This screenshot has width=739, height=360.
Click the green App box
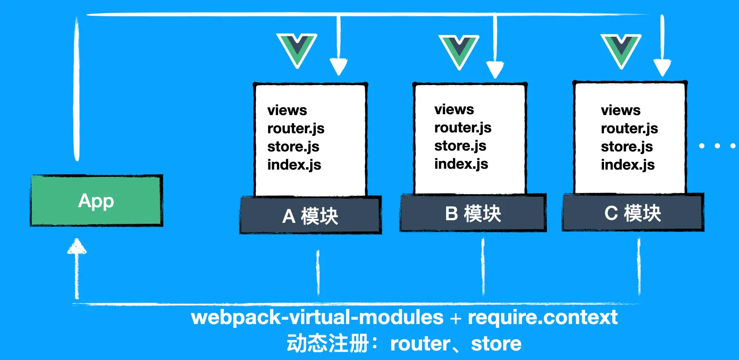point(96,201)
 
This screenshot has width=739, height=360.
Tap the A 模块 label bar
point(310,215)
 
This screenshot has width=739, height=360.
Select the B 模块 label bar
point(473,213)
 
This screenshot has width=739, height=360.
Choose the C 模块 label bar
point(633,213)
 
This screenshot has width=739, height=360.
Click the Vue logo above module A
point(297,49)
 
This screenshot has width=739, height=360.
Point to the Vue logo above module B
point(459,51)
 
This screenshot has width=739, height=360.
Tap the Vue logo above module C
point(621,50)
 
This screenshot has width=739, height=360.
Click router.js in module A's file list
point(296,129)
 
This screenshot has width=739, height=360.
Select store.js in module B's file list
point(460,146)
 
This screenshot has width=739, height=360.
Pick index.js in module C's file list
point(627,165)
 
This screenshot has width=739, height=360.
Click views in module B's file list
point(454,109)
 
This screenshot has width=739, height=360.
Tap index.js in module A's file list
point(294,165)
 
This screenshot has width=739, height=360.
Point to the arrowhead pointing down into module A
point(338,67)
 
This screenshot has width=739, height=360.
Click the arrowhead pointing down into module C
point(662,67)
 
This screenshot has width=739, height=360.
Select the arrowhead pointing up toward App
point(77,247)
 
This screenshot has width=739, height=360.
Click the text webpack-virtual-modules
point(317,317)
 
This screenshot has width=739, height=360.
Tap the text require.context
point(543,317)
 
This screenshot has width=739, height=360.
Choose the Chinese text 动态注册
point(328,344)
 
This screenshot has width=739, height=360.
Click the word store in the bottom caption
point(496,344)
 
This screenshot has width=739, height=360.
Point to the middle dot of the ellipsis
point(717,146)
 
